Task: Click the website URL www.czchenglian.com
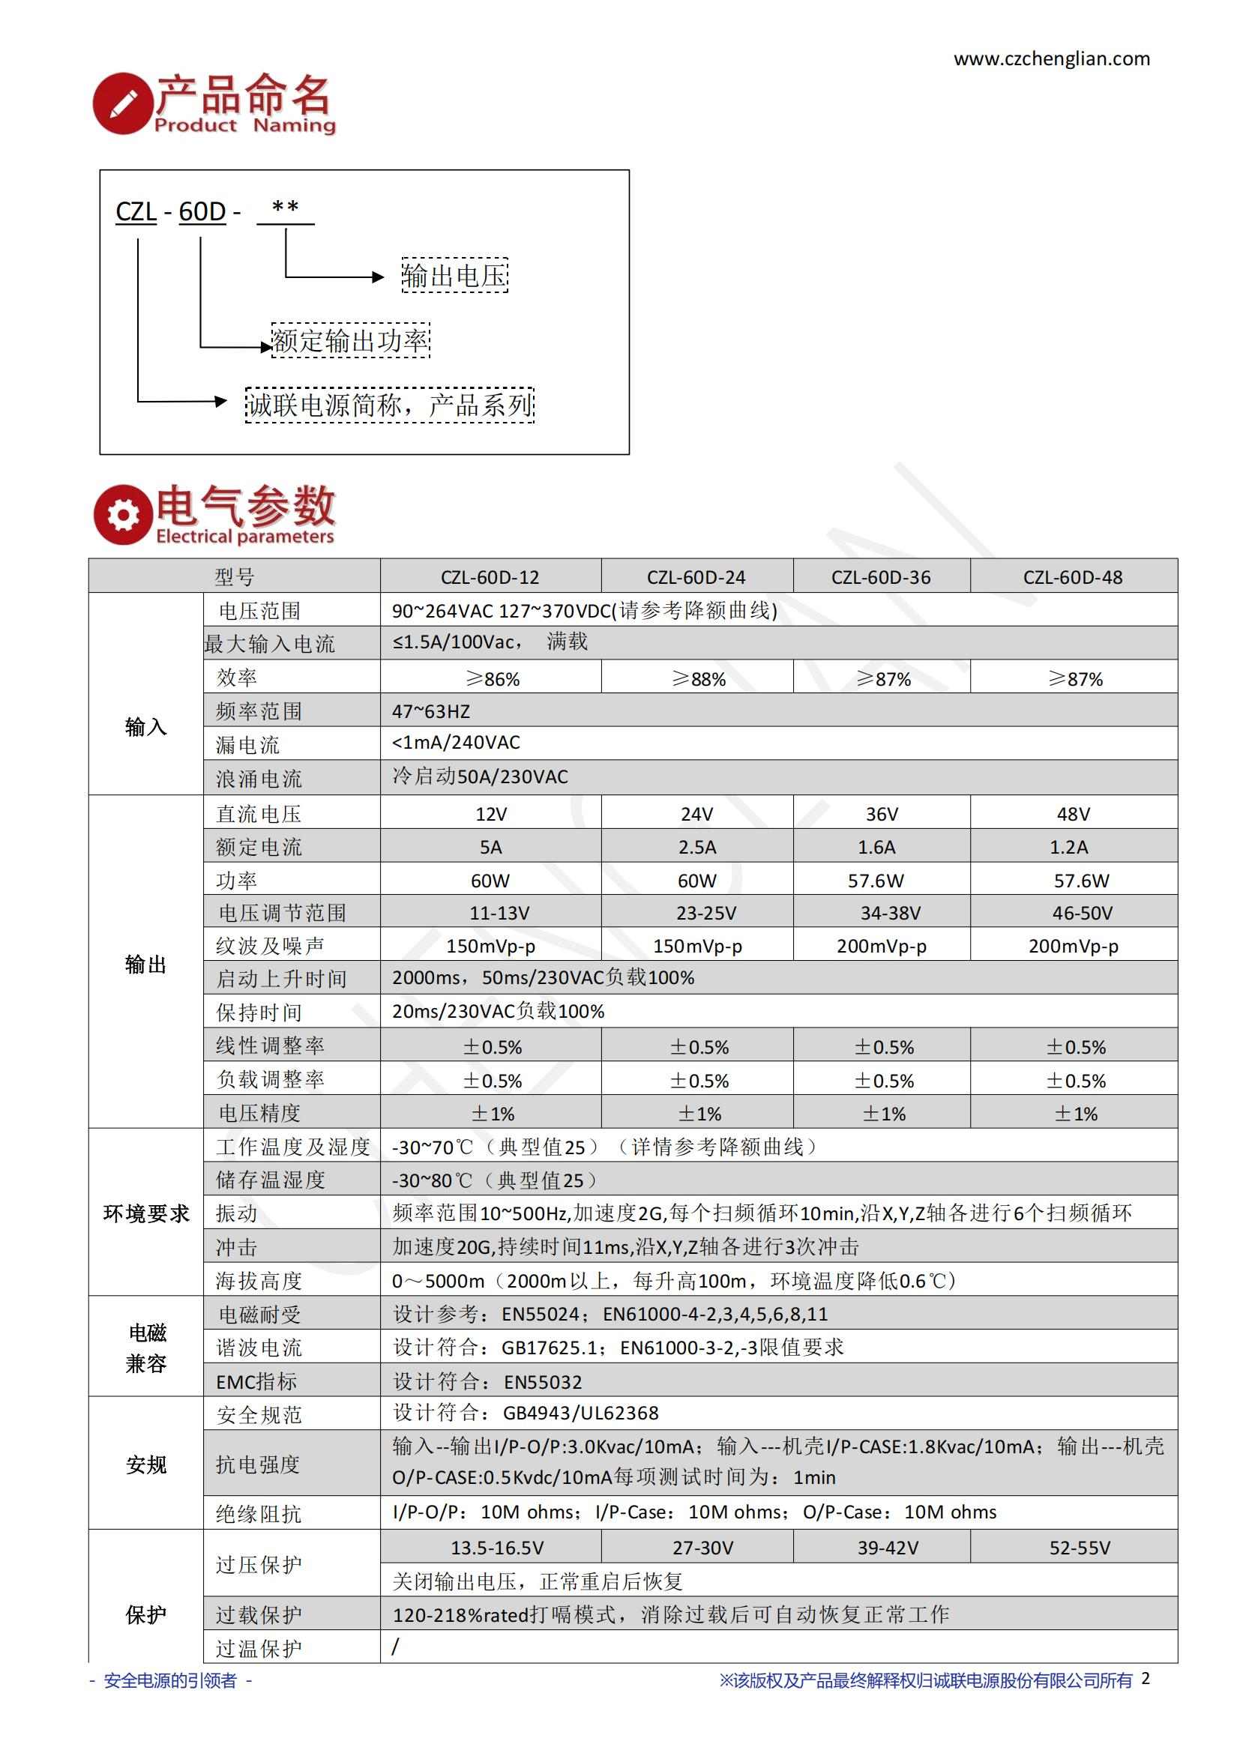tap(1051, 58)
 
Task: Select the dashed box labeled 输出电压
tap(454, 276)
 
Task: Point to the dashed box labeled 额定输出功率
tap(351, 340)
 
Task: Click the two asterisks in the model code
tap(286, 208)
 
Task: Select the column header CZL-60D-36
tap(881, 577)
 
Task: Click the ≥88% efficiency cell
tap(698, 679)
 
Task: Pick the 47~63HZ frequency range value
tap(431, 711)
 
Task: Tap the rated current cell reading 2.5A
tap(696, 847)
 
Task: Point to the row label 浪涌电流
tap(259, 779)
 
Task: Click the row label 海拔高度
tap(259, 1280)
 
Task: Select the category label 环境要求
tap(146, 1214)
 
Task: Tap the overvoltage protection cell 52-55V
tap(1079, 1548)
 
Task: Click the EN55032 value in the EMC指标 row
tap(543, 1382)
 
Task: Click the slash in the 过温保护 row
tap(396, 1647)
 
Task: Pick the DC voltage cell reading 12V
tap(490, 814)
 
